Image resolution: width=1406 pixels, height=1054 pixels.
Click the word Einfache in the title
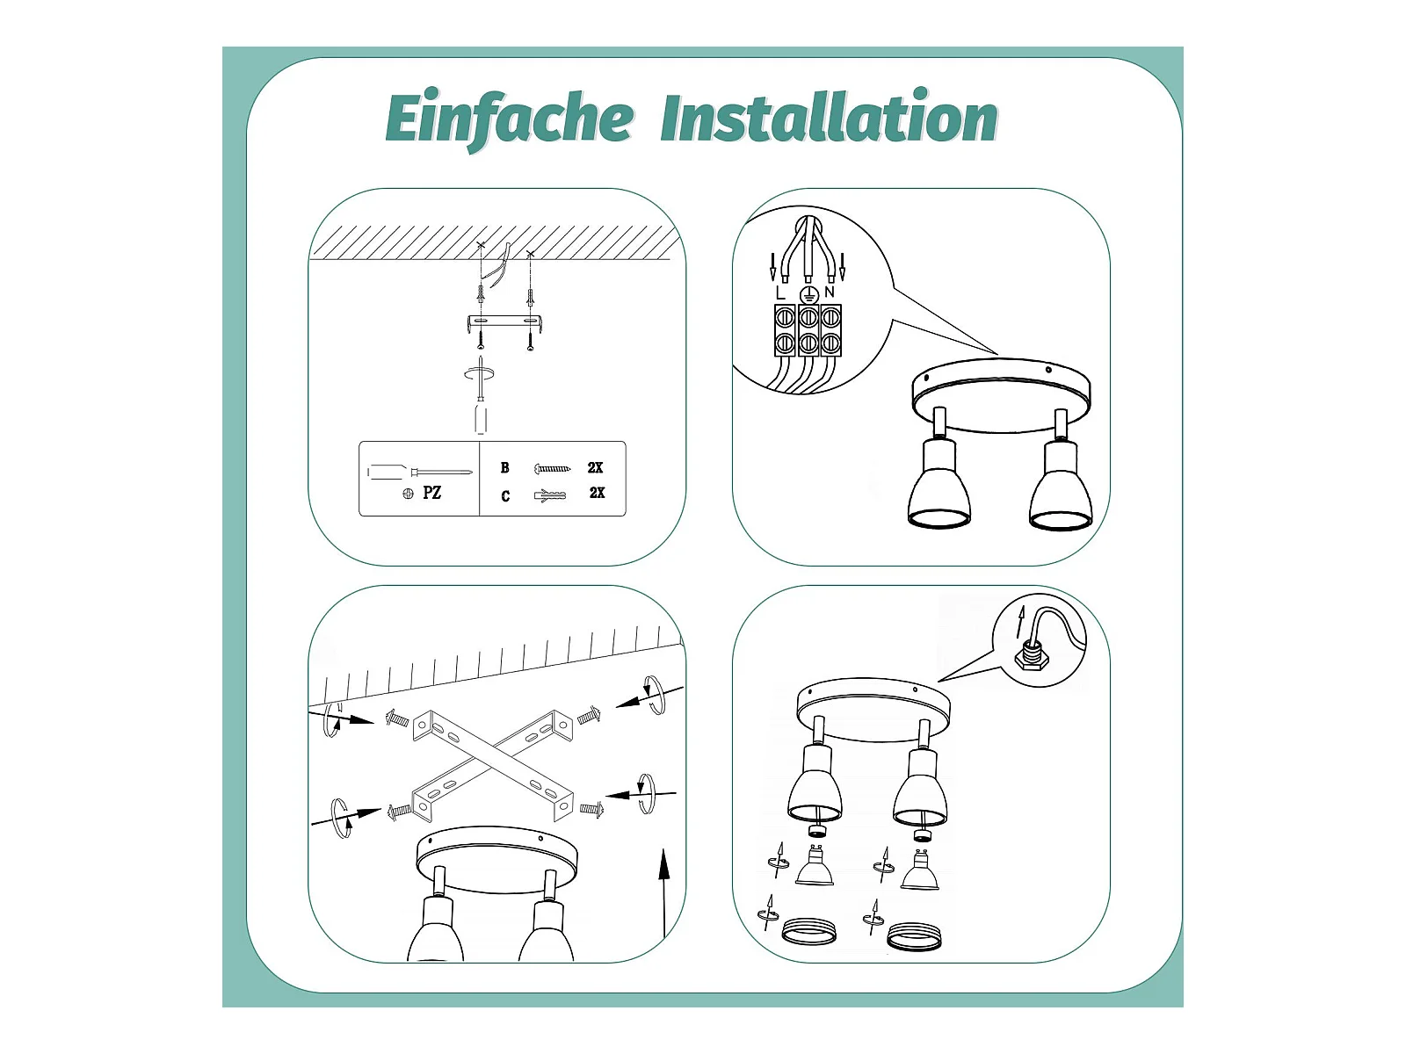point(510,119)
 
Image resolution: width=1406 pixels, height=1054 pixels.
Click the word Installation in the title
point(830,116)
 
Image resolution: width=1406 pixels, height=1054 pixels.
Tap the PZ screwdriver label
point(431,493)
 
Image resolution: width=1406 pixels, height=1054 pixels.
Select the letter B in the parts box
point(504,468)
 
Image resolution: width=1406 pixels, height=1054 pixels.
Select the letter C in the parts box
point(505,496)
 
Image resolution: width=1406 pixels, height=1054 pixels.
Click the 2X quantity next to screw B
point(595,468)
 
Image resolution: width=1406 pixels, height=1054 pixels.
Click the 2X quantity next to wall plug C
point(597,493)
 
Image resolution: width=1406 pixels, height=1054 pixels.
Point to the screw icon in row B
point(552,469)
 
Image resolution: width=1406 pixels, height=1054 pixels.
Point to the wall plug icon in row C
point(549,495)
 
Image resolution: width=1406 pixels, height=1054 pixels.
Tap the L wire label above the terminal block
point(779,293)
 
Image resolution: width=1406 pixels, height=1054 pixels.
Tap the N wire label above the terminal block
point(830,292)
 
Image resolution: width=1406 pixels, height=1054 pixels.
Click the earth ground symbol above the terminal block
point(809,294)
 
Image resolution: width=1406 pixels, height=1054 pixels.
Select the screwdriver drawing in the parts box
point(419,473)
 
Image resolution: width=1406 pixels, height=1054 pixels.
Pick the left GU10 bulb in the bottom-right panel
point(814,865)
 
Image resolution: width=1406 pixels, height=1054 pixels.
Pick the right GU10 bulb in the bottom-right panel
point(920,870)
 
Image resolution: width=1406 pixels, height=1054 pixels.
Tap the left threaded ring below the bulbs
point(809,932)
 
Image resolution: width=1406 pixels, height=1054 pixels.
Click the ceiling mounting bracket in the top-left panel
point(505,323)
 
